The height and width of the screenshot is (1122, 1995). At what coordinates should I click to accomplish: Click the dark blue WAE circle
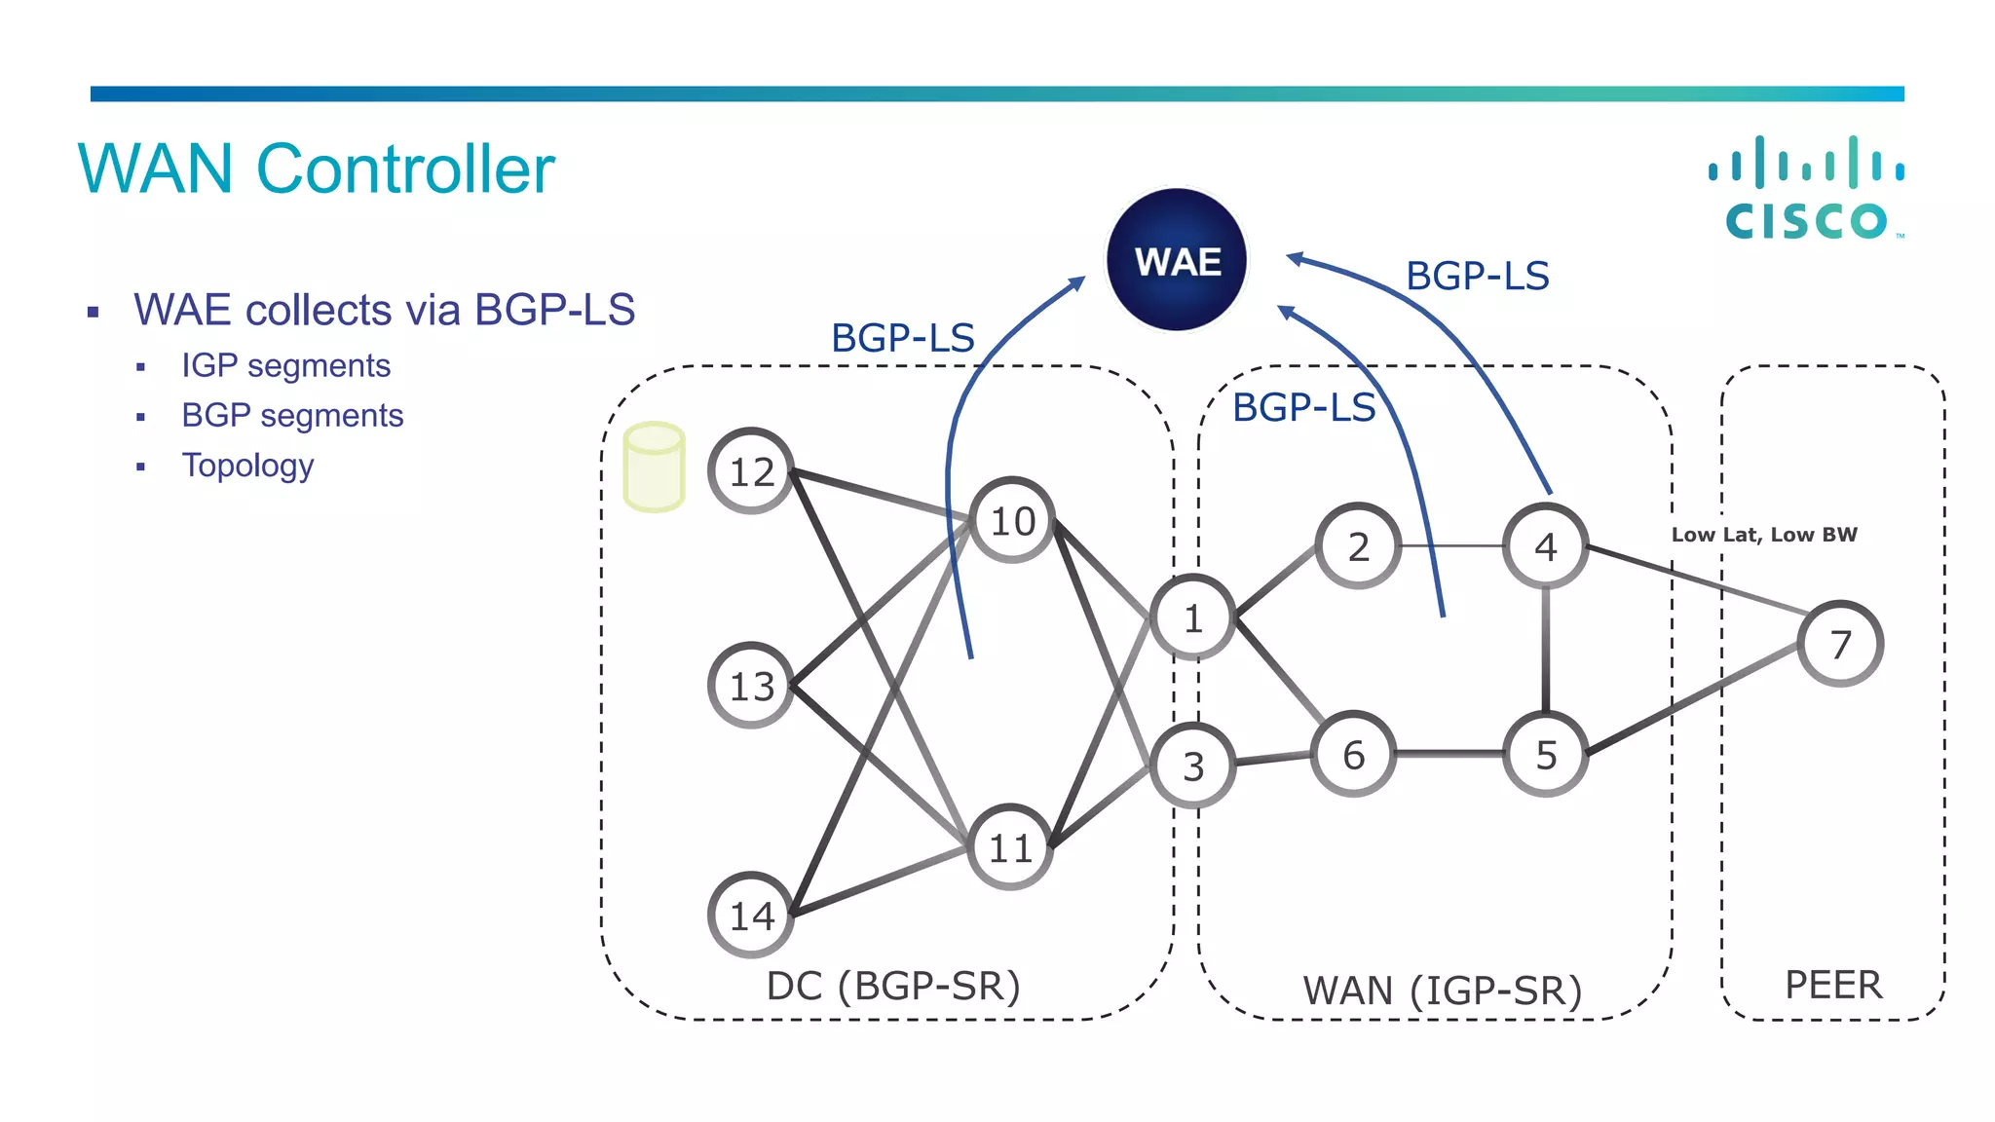[x=1177, y=260]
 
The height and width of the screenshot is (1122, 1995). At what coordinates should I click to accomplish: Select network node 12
[x=751, y=471]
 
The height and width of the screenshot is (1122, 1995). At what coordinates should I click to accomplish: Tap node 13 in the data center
[x=751, y=686]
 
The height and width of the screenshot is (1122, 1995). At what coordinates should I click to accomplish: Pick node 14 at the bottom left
[x=751, y=916]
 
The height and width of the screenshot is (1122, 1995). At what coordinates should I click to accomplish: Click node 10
[x=1012, y=521]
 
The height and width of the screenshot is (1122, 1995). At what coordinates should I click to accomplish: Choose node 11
[x=1010, y=847]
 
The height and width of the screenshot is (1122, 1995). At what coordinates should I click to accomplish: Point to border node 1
[x=1192, y=618]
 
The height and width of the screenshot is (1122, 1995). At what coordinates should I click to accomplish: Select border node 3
[x=1192, y=767]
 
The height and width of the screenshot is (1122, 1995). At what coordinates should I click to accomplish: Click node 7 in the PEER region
[x=1839, y=644]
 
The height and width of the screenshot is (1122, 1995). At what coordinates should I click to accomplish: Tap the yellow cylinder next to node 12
[x=654, y=467]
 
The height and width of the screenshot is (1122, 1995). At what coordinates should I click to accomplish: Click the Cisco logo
[x=1807, y=190]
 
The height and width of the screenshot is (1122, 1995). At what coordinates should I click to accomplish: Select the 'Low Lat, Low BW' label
[x=1764, y=535]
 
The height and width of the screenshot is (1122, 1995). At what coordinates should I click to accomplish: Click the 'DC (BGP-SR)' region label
[x=893, y=986]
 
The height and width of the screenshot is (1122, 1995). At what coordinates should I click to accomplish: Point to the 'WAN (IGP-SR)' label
[x=1443, y=991]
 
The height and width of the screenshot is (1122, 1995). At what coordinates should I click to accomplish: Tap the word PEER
[x=1833, y=985]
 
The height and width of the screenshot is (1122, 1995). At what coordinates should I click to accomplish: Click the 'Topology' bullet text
[x=247, y=466]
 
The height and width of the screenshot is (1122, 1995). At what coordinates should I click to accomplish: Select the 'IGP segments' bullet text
[x=285, y=365]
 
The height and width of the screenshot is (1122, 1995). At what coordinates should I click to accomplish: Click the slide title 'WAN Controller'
[x=317, y=169]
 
